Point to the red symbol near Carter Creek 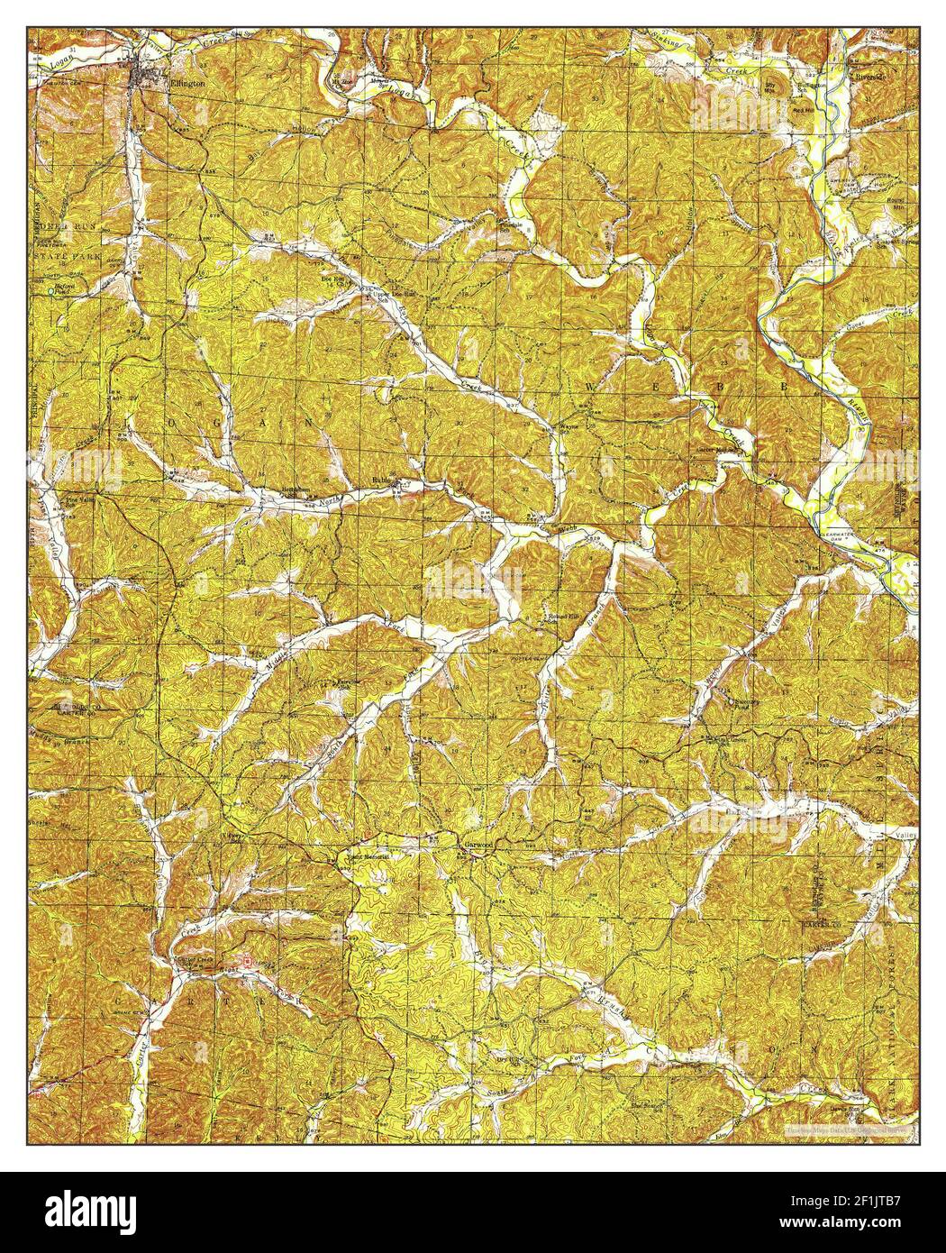click(x=248, y=962)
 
